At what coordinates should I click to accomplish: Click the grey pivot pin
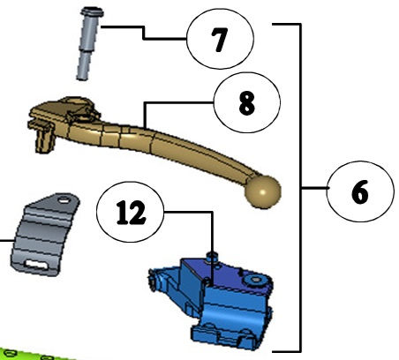[88, 44]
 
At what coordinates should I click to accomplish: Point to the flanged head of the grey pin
[92, 12]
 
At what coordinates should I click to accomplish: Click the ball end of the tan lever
[263, 191]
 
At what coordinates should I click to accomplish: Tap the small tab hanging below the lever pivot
[45, 140]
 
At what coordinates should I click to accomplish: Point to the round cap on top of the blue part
[255, 280]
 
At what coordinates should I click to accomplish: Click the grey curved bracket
[44, 235]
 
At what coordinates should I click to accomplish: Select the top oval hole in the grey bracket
[63, 200]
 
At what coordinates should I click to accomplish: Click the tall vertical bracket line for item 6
[300, 188]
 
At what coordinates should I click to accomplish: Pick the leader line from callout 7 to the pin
[144, 33]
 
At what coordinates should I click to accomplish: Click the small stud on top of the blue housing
[211, 257]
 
